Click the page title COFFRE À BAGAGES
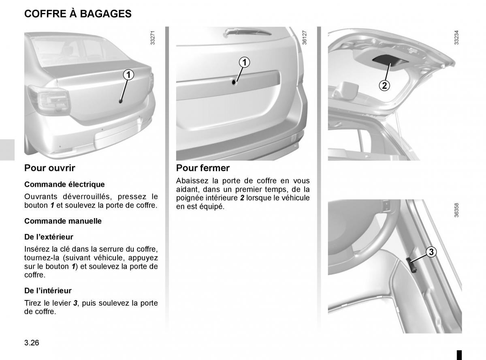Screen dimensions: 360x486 tap(78, 14)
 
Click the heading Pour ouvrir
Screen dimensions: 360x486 tap(50, 168)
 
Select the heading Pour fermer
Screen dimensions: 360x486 tap(203, 168)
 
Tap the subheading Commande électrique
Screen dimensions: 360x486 tap(64, 184)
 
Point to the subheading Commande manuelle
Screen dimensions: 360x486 tap(63, 221)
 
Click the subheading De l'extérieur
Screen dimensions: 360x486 tap(49, 237)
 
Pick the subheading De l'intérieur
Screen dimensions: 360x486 tap(48, 290)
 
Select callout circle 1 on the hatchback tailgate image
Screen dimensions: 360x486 tap(244, 62)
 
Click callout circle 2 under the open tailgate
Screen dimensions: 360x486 tap(384, 85)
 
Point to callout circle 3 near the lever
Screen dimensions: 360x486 tap(432, 252)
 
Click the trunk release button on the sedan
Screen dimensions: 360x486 tap(120, 101)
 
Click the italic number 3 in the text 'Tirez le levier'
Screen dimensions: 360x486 tap(75, 303)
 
